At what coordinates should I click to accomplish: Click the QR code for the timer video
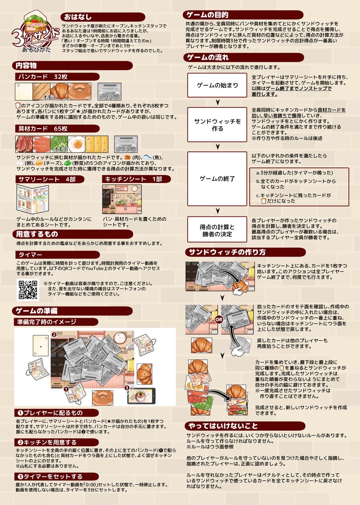[x=28, y=289]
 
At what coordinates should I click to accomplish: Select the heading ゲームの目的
[x=207, y=15]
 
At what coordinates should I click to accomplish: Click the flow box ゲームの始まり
[x=217, y=85]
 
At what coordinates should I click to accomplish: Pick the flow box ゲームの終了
[x=217, y=179]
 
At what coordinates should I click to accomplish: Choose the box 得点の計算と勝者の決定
[x=217, y=230]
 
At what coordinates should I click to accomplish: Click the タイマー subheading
[x=31, y=254]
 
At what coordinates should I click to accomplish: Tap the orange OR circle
[x=219, y=319]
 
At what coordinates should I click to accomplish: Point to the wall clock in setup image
[x=119, y=338]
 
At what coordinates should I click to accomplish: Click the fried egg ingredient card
[x=75, y=144]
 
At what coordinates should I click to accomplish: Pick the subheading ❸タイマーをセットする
[x=50, y=476]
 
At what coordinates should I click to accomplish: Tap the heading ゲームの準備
[x=37, y=311]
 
